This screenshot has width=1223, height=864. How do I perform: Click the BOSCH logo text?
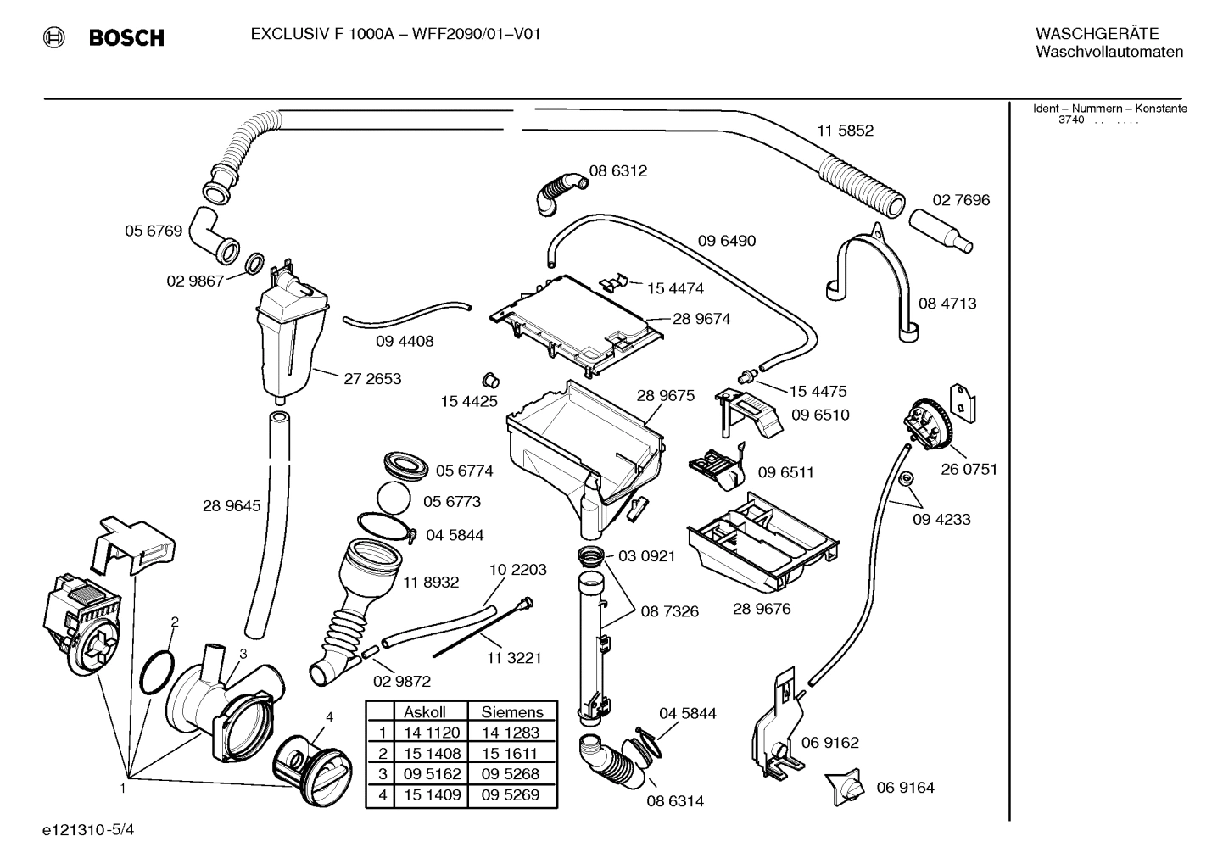[x=126, y=37]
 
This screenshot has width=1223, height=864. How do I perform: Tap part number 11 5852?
[x=845, y=131]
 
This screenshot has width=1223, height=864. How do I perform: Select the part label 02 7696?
[x=961, y=200]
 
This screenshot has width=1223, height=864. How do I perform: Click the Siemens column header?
[x=511, y=712]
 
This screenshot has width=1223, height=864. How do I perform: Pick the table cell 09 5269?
[x=511, y=795]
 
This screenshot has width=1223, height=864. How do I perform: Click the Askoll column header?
[x=424, y=712]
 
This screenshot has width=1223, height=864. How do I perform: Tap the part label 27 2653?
[x=372, y=379]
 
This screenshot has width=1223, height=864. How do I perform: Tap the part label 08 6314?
[x=675, y=801]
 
